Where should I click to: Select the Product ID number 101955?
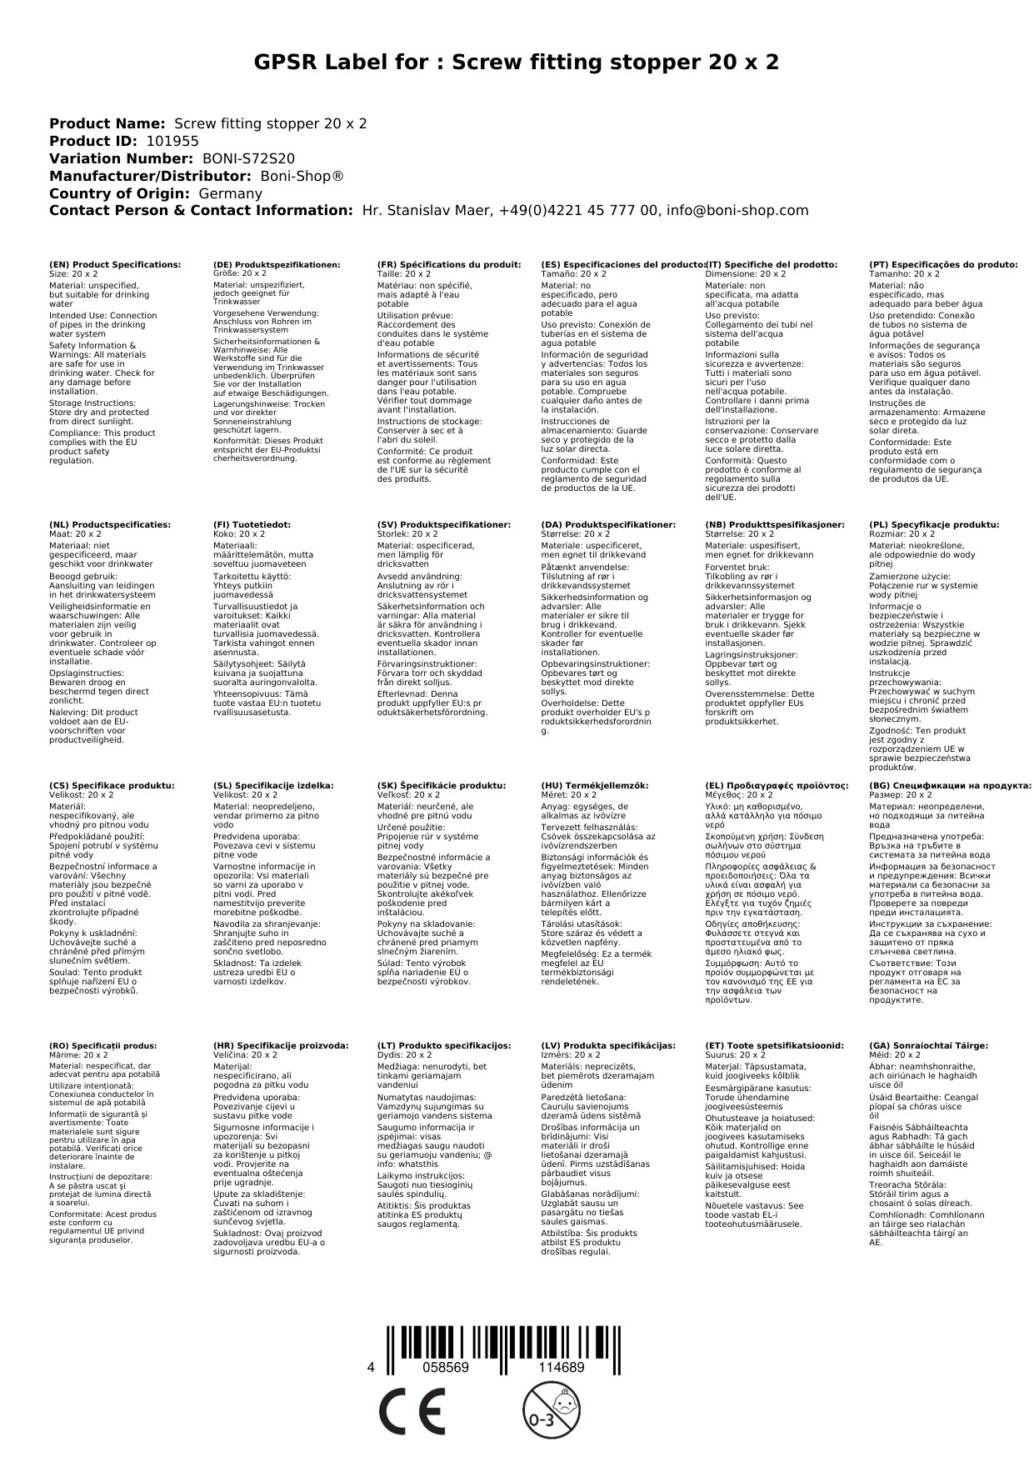[x=172, y=141]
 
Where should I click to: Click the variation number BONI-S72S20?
[x=248, y=158]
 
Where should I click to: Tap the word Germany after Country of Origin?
[x=230, y=193]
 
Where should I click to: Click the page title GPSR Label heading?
[x=516, y=63]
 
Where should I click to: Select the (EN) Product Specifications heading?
[x=115, y=264]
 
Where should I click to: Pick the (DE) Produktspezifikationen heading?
[x=277, y=264]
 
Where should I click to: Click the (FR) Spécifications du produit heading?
[x=449, y=264]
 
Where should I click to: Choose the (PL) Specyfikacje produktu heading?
[x=933, y=525]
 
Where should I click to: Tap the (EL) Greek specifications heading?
[x=777, y=785]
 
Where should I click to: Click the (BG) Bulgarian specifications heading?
[x=950, y=785]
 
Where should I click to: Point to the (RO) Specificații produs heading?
[x=102, y=1045]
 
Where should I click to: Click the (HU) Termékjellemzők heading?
[x=594, y=785]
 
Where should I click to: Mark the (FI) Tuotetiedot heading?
[x=252, y=525]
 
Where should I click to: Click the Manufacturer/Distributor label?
[x=150, y=176]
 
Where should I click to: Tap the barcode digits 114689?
[x=561, y=1368]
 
